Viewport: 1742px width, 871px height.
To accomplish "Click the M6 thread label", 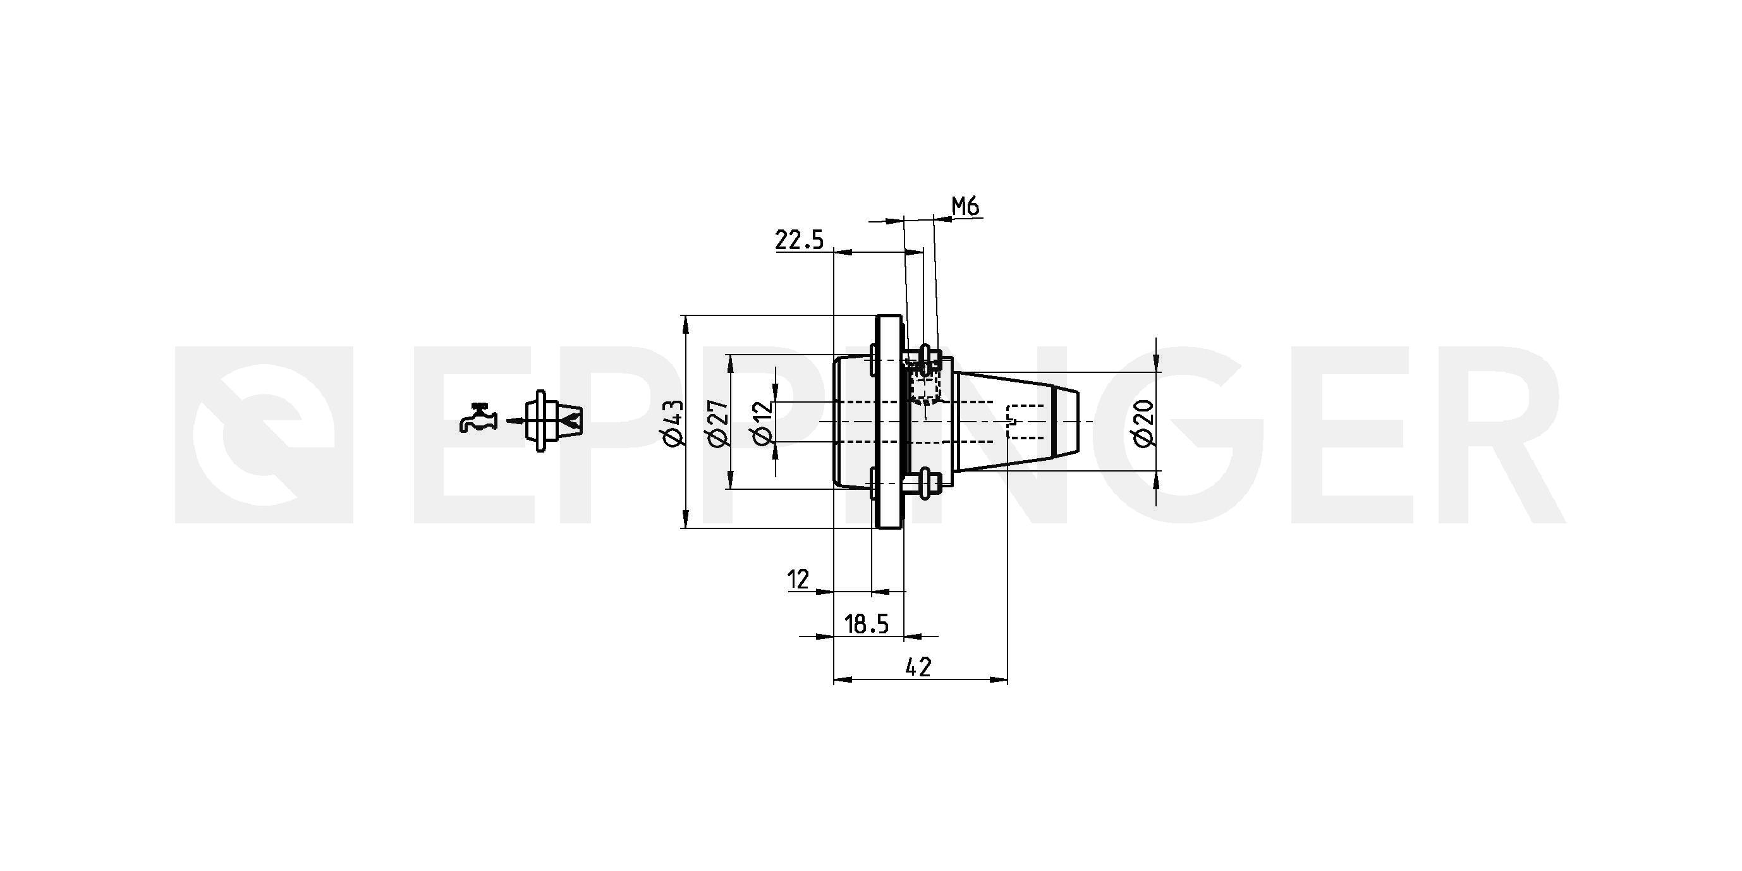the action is click(x=966, y=206).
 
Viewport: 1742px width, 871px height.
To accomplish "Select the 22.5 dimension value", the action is click(x=800, y=240).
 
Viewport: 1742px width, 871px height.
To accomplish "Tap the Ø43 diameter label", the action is click(x=675, y=423).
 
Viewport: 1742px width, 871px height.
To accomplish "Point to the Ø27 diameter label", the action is click(x=718, y=423).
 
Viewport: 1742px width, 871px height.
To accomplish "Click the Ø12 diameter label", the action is click(x=762, y=423).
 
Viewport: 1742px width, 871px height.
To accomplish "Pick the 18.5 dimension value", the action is click(x=867, y=624).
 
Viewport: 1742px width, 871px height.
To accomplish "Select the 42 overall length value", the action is click(x=918, y=667).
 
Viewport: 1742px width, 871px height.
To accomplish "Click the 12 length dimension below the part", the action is click(x=799, y=580).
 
